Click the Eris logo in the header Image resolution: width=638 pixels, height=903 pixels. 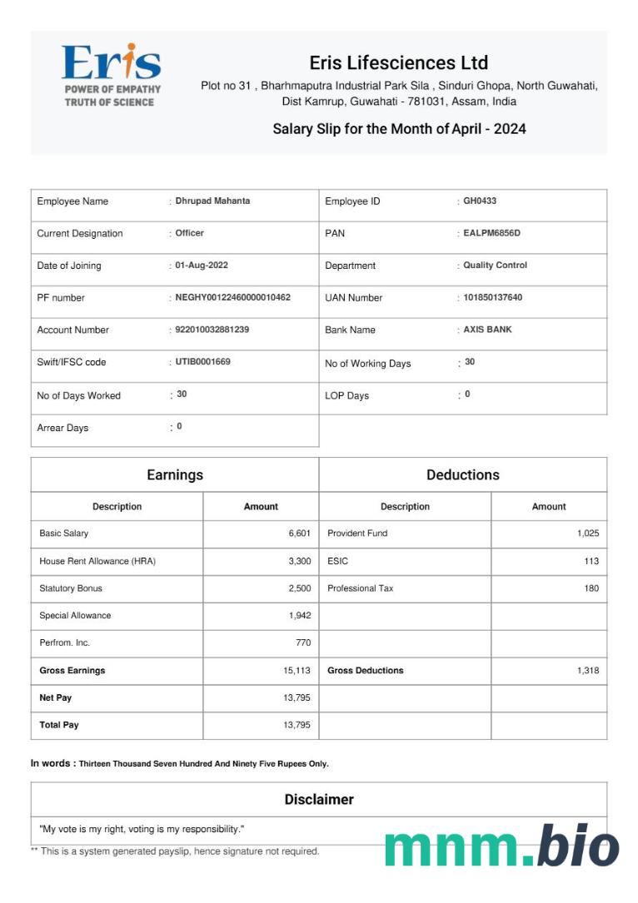coord(111,74)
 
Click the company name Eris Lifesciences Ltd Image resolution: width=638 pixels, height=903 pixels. coord(398,63)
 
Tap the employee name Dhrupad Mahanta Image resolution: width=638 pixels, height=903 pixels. coord(212,201)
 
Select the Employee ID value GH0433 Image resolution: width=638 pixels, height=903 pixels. coord(480,201)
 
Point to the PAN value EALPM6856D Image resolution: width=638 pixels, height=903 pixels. coord(491,233)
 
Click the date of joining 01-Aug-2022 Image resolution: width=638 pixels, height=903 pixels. coord(202,265)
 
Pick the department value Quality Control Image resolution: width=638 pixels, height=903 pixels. coord(495,265)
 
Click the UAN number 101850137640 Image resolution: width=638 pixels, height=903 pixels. coord(492,297)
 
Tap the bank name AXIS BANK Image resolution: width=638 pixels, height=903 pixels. coord(487,330)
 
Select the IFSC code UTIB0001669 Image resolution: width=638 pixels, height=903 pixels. coord(202,362)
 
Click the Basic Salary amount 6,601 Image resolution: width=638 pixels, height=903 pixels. coord(299,533)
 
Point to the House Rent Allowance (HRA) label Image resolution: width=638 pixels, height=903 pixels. coord(97,561)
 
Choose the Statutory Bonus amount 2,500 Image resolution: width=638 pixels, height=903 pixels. coord(299,588)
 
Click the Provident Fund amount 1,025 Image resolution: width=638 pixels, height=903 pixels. coord(587,533)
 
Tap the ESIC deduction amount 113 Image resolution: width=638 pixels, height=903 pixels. coord(591,561)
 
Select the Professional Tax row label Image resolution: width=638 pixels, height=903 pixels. coord(360,588)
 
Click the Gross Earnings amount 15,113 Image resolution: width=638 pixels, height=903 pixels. coord(297,670)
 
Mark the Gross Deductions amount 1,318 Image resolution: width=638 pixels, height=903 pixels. coord(587,670)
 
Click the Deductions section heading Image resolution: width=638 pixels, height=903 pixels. coord(462,474)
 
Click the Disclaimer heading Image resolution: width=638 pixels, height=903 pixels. coord(319,799)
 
